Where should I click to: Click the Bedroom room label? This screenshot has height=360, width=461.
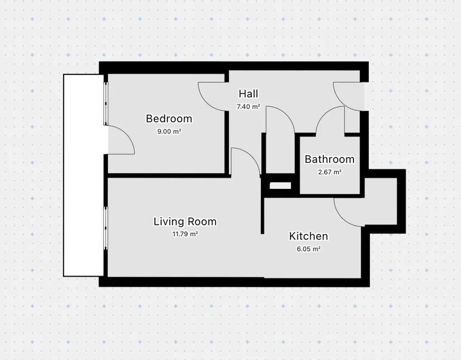[x=169, y=118]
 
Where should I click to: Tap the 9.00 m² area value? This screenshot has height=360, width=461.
[x=169, y=131]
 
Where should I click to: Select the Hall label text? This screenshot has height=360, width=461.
[x=249, y=94]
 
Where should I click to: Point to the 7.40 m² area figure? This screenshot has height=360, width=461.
[x=249, y=106]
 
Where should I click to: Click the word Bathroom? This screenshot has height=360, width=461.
[x=330, y=159]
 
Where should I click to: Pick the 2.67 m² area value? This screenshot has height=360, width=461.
[x=330, y=172]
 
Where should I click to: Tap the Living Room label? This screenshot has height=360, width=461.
[x=185, y=221]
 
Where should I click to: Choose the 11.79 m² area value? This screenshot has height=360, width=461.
[x=185, y=234]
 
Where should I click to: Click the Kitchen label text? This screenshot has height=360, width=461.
[x=308, y=236]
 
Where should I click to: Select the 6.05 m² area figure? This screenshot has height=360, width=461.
[x=308, y=249]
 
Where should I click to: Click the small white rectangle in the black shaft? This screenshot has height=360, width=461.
[x=280, y=186]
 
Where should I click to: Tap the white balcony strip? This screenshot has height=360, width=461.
[x=83, y=175]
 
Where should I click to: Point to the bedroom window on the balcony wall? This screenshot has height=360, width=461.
[x=106, y=103]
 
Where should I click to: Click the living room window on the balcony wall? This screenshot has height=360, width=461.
[x=106, y=228]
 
